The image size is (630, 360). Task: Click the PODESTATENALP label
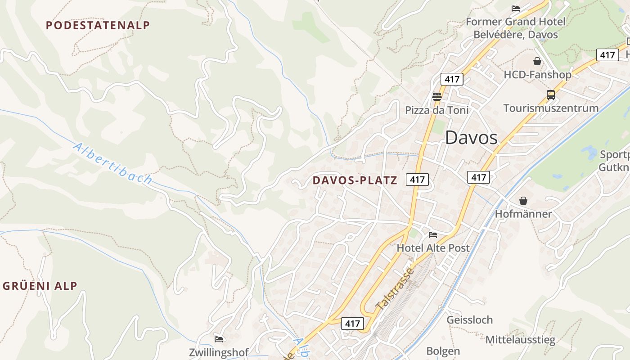pos(98,25)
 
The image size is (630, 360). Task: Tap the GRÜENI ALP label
pos(40,286)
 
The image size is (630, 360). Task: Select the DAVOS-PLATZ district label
pos(355,180)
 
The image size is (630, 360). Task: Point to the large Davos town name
pos(471,138)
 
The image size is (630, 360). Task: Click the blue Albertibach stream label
pos(112,163)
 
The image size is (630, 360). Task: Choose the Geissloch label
pos(469,320)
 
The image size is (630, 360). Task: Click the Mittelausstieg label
pos(520,340)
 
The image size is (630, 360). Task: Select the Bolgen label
pos(443,351)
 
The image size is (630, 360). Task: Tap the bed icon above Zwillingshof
pos(219,339)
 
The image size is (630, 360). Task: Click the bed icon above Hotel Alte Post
pos(433,234)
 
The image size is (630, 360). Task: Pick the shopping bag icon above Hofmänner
pos(523,201)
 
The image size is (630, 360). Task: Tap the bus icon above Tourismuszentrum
pos(551,95)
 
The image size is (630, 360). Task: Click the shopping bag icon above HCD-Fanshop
pos(537,61)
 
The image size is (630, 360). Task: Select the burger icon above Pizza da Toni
pos(436,96)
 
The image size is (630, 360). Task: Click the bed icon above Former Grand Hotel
pos(516,9)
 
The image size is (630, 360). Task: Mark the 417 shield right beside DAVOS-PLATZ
pos(417,180)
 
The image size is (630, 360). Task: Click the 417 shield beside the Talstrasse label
pos(352,323)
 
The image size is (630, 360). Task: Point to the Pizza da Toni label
pos(436,110)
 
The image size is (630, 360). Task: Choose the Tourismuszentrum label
pos(551,108)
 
